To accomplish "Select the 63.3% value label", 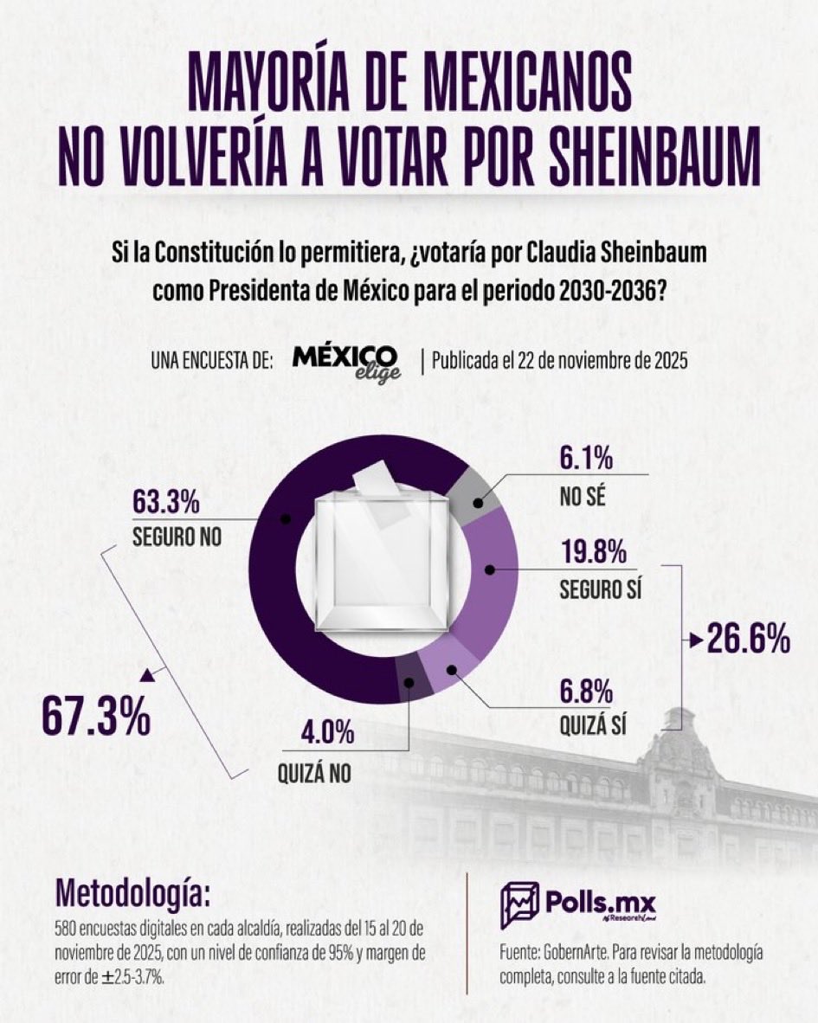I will point(166,502).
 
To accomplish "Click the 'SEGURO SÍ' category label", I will point(605,589).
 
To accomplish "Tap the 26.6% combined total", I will point(748,641).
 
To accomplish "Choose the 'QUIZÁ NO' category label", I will point(314,773).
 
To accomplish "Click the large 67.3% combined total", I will point(96,718).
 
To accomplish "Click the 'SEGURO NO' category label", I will point(177,536).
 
